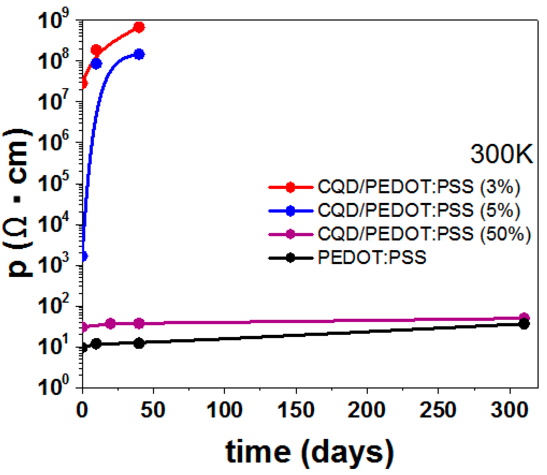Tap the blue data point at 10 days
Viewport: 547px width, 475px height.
point(96,64)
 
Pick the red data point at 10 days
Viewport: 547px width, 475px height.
point(96,50)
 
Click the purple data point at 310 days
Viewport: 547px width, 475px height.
point(524,317)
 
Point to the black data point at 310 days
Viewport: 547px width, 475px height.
point(524,324)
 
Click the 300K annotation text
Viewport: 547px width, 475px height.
point(501,155)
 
